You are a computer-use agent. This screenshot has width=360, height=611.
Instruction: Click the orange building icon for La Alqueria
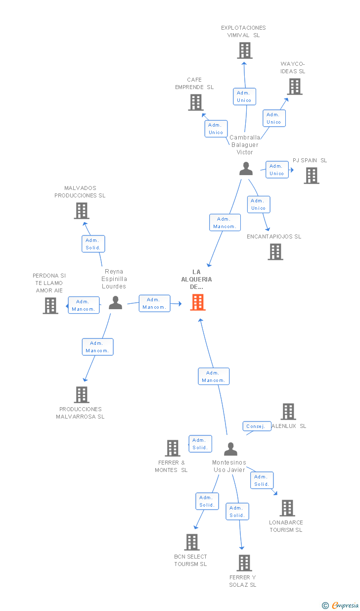198,302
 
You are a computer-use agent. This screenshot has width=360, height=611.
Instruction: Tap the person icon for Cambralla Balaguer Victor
246,168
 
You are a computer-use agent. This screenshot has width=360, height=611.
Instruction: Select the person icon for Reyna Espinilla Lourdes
115,302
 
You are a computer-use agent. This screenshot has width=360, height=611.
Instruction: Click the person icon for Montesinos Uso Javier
231,449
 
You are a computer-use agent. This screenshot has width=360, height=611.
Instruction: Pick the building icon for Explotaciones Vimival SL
245,50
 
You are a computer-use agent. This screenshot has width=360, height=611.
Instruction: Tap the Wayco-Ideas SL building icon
295,87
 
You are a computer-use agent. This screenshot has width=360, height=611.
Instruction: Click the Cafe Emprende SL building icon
196,102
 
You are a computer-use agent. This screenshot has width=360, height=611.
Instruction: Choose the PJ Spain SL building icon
312,176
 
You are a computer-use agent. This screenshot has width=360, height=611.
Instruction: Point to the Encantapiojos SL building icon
275,252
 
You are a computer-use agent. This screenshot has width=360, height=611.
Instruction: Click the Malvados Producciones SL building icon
82,211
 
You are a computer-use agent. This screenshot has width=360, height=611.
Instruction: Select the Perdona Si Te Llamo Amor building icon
50,306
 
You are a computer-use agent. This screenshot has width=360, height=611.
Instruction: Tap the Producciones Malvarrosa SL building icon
82,395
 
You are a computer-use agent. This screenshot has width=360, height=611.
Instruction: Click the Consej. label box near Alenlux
257,426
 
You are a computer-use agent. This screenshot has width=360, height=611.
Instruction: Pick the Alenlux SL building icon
288,412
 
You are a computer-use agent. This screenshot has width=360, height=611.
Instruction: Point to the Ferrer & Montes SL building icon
173,448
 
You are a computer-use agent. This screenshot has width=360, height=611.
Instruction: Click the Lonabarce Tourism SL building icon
287,508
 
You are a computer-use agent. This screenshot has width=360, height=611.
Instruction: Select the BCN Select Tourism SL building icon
192,542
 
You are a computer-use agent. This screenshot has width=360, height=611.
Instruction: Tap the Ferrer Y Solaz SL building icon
244,563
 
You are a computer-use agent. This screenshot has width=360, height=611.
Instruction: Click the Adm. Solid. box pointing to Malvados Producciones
93,244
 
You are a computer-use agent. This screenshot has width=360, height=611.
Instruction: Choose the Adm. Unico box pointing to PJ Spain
277,170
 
